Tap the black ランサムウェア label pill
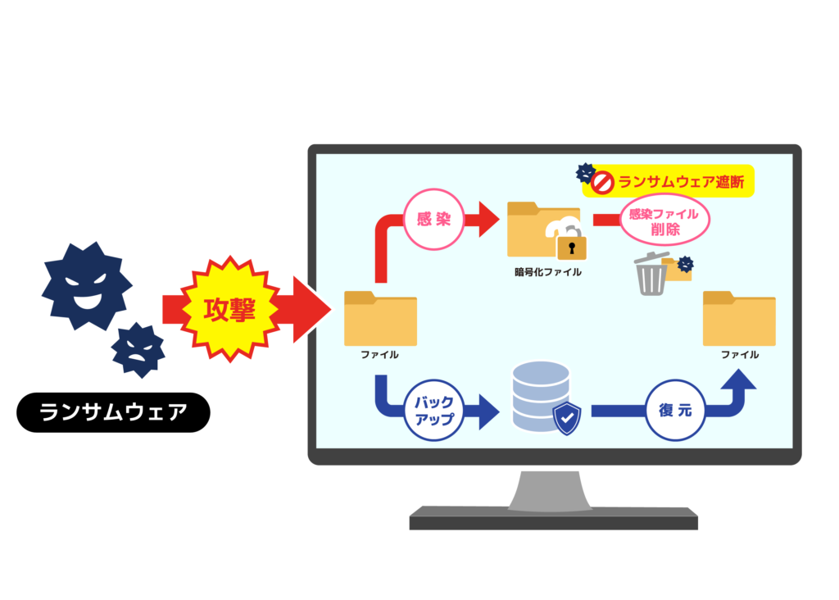point(113,411)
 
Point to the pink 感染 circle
point(433,219)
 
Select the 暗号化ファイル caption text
point(542,271)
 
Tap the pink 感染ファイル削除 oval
point(664,220)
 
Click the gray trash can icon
point(651,275)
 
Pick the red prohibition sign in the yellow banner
point(603,182)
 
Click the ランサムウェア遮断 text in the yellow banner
point(682,182)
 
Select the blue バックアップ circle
point(433,411)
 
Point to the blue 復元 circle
point(674,410)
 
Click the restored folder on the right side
point(739,319)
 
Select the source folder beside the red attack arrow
point(380,319)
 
